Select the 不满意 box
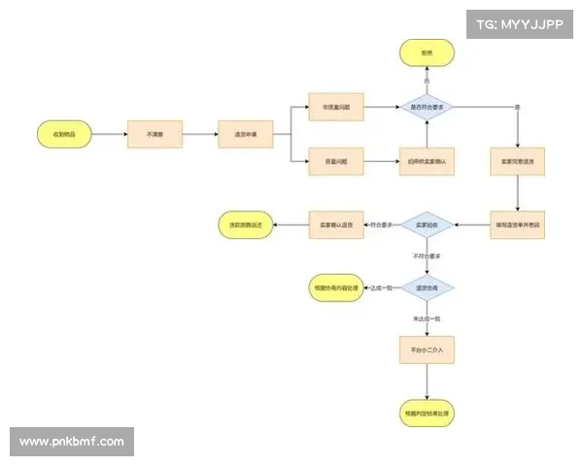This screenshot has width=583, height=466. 155,134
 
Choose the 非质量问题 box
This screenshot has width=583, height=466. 336,107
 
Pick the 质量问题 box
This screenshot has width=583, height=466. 336,160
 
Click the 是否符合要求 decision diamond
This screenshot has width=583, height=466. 428,107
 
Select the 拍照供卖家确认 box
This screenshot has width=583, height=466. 428,160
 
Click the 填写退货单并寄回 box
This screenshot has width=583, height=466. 518,225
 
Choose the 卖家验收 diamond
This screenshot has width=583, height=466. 428,225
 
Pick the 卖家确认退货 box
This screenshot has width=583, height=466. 336,225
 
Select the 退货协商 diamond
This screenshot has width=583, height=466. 428,288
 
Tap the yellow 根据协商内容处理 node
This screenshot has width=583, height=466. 335,288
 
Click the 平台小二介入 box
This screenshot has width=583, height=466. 428,349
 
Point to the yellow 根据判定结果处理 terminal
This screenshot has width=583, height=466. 428,413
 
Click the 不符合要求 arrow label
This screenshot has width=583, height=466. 428,257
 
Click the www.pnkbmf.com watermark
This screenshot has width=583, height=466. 72,442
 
